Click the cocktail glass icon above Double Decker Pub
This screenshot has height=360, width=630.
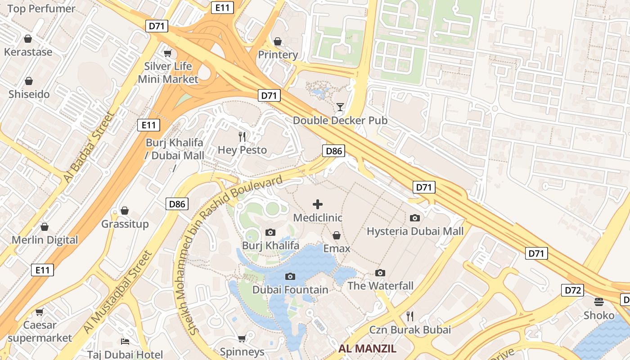340,107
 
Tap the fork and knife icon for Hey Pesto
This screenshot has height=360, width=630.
243,136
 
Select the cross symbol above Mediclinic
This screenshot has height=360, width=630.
318,204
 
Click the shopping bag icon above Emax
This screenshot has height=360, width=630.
336,235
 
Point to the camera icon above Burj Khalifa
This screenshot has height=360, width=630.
270,232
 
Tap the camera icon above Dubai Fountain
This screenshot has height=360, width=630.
290,276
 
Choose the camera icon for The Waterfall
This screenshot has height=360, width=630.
380,273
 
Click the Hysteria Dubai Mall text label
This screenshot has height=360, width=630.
415,231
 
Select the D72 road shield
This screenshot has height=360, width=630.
572,290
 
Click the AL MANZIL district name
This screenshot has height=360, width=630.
367,348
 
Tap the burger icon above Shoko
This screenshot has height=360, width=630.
599,301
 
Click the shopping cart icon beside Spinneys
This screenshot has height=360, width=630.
242,338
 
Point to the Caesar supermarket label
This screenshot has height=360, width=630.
40,331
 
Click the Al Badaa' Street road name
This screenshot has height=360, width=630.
89,147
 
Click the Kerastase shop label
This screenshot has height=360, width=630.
28,52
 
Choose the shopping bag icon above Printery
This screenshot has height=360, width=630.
278,41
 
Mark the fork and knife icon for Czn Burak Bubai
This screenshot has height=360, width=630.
409,316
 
